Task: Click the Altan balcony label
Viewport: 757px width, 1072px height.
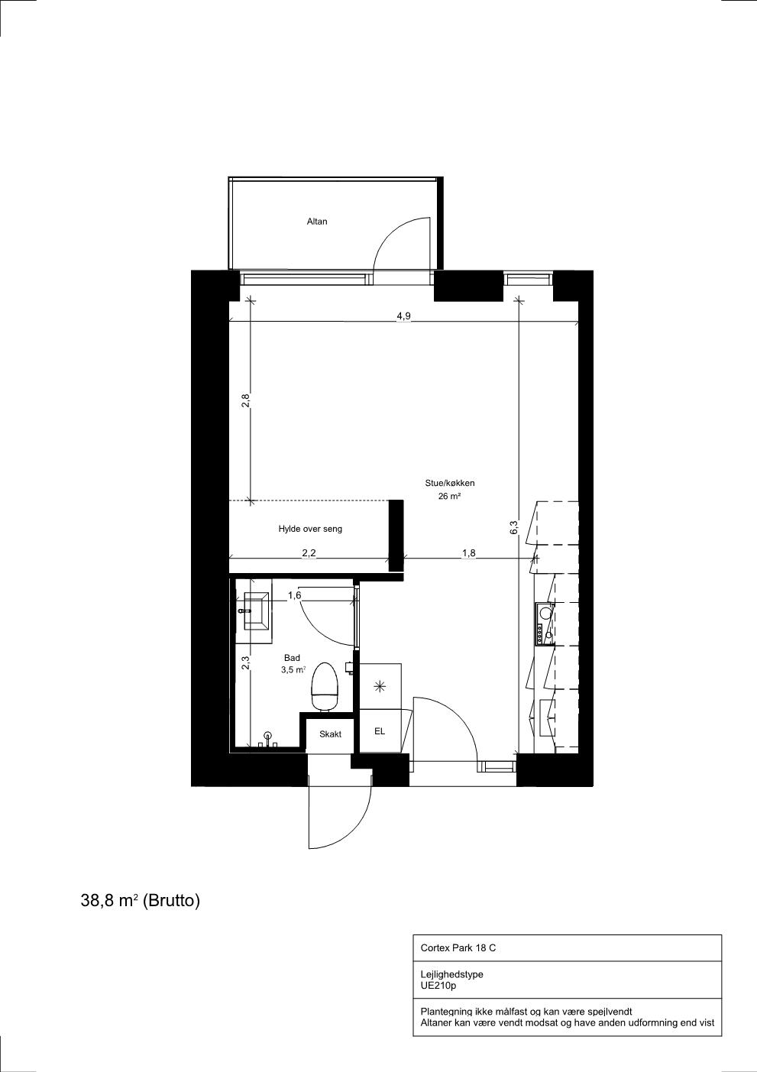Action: point(317,221)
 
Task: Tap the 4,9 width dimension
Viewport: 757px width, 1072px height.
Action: point(404,316)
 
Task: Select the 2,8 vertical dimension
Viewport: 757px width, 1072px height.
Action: point(246,400)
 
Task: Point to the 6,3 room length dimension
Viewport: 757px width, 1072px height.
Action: point(514,527)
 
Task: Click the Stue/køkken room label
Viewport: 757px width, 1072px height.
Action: point(450,483)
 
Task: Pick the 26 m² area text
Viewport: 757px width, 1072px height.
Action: point(449,497)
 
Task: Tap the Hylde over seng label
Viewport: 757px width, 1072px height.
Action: point(310,529)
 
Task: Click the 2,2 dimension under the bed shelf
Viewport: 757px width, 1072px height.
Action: point(309,552)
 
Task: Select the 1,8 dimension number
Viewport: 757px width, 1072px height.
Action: point(468,552)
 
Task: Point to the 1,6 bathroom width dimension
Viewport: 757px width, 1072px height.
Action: point(294,595)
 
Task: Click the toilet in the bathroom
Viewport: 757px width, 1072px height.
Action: point(325,687)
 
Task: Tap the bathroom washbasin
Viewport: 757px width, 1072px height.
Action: point(257,611)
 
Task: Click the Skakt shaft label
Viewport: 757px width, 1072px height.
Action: point(330,734)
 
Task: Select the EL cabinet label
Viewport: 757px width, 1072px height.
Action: point(380,731)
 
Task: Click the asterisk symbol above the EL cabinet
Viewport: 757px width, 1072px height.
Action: point(380,687)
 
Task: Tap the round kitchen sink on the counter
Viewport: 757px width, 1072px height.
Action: point(544,611)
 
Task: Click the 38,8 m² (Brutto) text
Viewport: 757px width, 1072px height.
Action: point(141,900)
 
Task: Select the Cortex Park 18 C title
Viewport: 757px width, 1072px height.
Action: point(458,947)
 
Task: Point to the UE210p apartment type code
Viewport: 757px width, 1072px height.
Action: point(438,986)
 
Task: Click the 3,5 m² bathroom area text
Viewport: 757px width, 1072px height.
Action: point(293,670)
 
